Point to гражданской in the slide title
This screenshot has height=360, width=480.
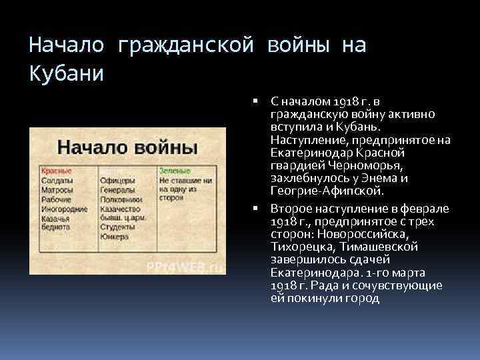click(186, 45)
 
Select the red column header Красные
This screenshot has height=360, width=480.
click(56, 171)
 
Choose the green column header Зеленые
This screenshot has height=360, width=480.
click(175, 171)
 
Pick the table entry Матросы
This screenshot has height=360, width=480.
click(57, 189)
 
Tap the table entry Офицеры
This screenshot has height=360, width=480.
click(117, 180)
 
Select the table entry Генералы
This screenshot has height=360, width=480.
click(118, 189)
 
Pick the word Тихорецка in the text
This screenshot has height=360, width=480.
click(296, 247)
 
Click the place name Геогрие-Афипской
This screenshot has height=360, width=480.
click(327, 191)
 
